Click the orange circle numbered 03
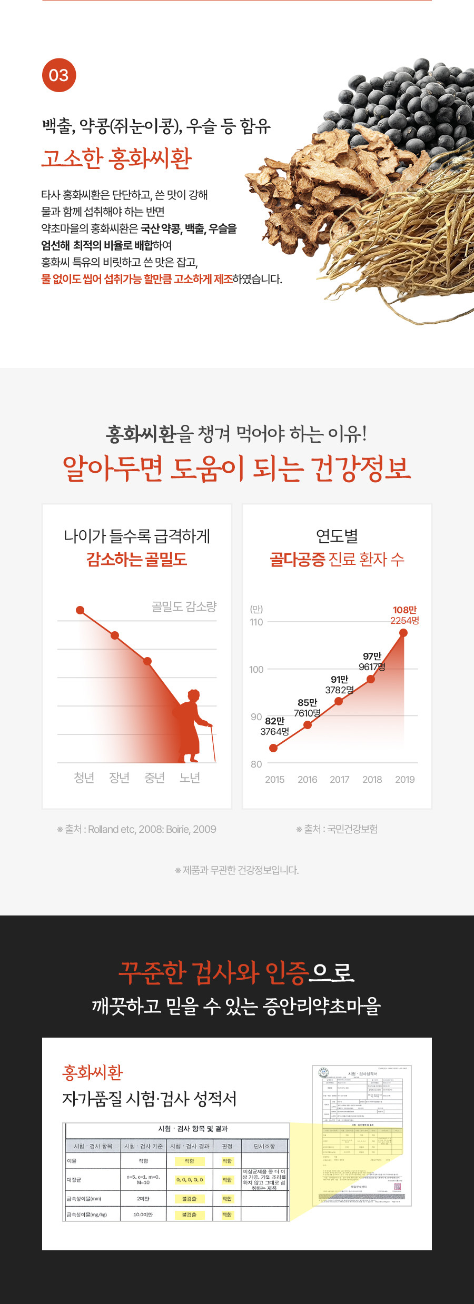click(59, 75)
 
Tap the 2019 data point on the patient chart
click(403, 633)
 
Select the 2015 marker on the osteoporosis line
click(273, 748)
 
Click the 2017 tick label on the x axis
click(340, 780)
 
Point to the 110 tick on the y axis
click(256, 622)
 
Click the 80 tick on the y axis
click(256, 764)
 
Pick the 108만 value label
click(404, 610)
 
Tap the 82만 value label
click(274, 721)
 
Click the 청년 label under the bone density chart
click(84, 778)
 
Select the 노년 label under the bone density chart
click(190, 778)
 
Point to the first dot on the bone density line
click(80, 610)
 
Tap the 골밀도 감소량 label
click(184, 607)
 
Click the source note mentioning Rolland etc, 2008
click(137, 829)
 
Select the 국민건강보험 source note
click(337, 829)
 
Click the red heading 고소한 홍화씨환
click(117, 158)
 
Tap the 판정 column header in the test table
click(227, 1146)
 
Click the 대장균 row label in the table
click(74, 1180)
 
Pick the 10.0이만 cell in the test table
click(143, 1215)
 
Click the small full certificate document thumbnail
click(362, 1136)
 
